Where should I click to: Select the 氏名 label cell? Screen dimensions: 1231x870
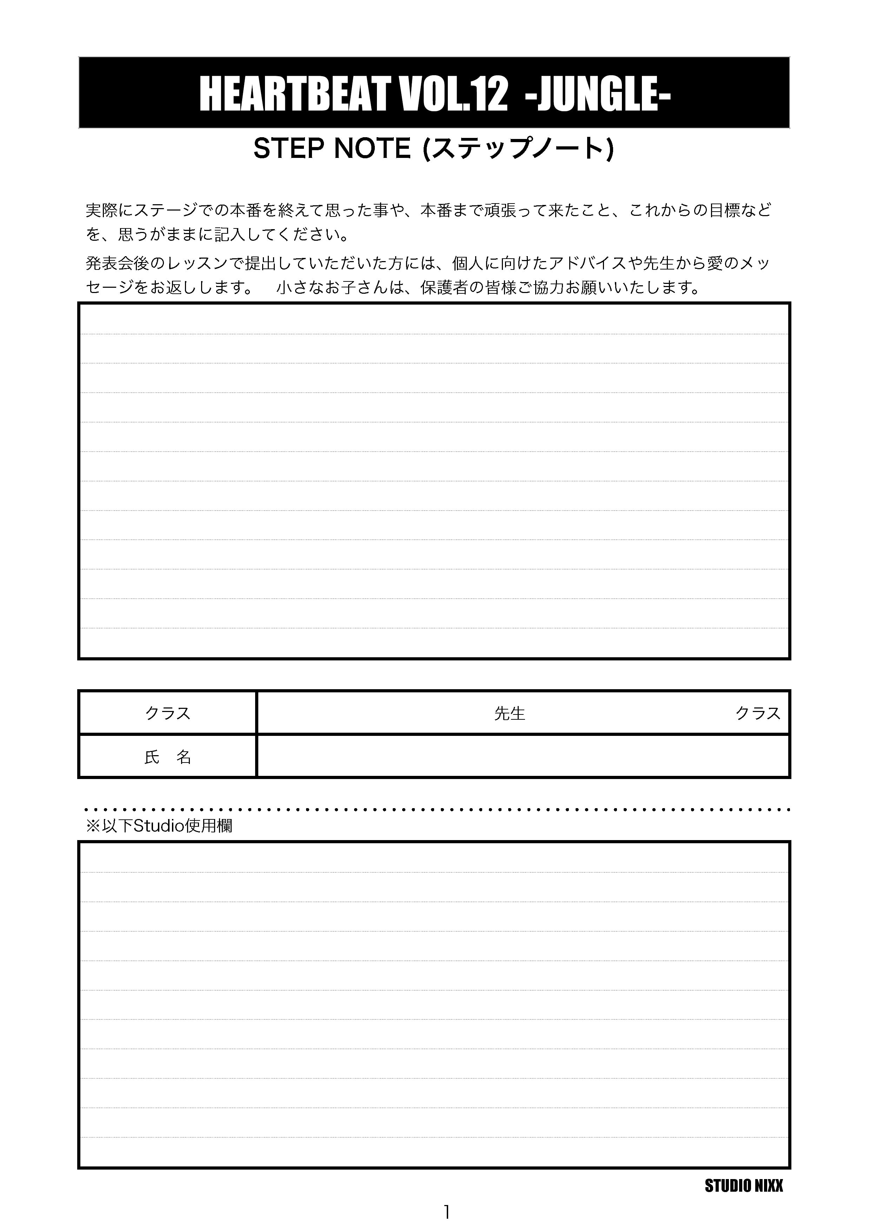(x=168, y=757)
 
